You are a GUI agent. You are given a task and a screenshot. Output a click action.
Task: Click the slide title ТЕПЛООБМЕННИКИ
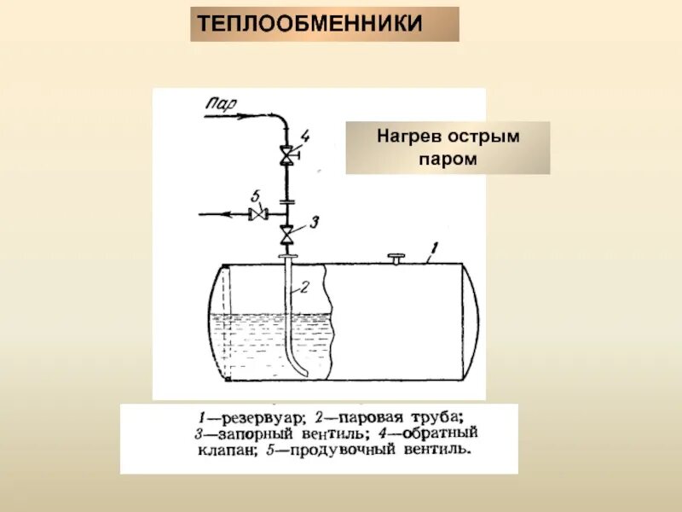pyautogui.click(x=324, y=24)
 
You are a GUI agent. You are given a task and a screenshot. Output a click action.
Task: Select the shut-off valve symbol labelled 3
pyautogui.click(x=286, y=232)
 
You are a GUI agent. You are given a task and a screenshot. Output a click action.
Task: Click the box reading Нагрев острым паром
pyautogui.click(x=448, y=148)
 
